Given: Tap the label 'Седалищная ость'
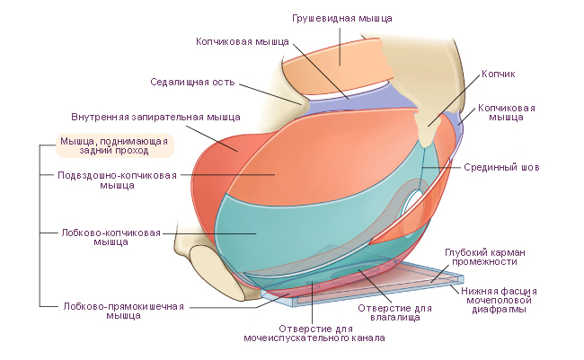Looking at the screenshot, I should (x=192, y=82).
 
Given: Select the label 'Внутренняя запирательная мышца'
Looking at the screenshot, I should (x=155, y=117).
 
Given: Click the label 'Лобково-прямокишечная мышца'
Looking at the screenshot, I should (x=123, y=310).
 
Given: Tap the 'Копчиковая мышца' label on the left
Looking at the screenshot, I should (x=243, y=41).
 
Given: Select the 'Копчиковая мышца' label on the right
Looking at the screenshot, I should (x=506, y=112).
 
